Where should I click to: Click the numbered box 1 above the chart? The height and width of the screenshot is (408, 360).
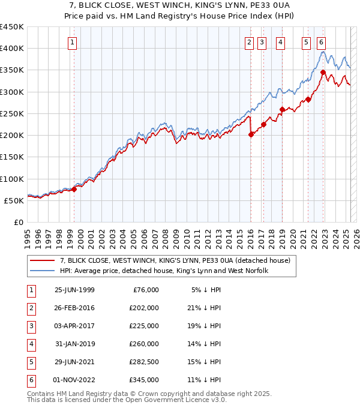(x=72, y=42)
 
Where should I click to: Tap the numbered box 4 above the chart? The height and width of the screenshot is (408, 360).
(x=280, y=42)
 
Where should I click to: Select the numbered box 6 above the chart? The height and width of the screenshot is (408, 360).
(x=322, y=42)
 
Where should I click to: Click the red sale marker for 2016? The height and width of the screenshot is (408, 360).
(x=251, y=134)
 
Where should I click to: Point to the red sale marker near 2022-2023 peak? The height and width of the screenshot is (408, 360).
(x=323, y=73)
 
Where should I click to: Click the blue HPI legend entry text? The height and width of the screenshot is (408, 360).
(x=163, y=271)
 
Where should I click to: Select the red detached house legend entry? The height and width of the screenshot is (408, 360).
(x=175, y=260)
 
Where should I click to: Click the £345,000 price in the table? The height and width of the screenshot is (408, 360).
(x=143, y=380)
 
